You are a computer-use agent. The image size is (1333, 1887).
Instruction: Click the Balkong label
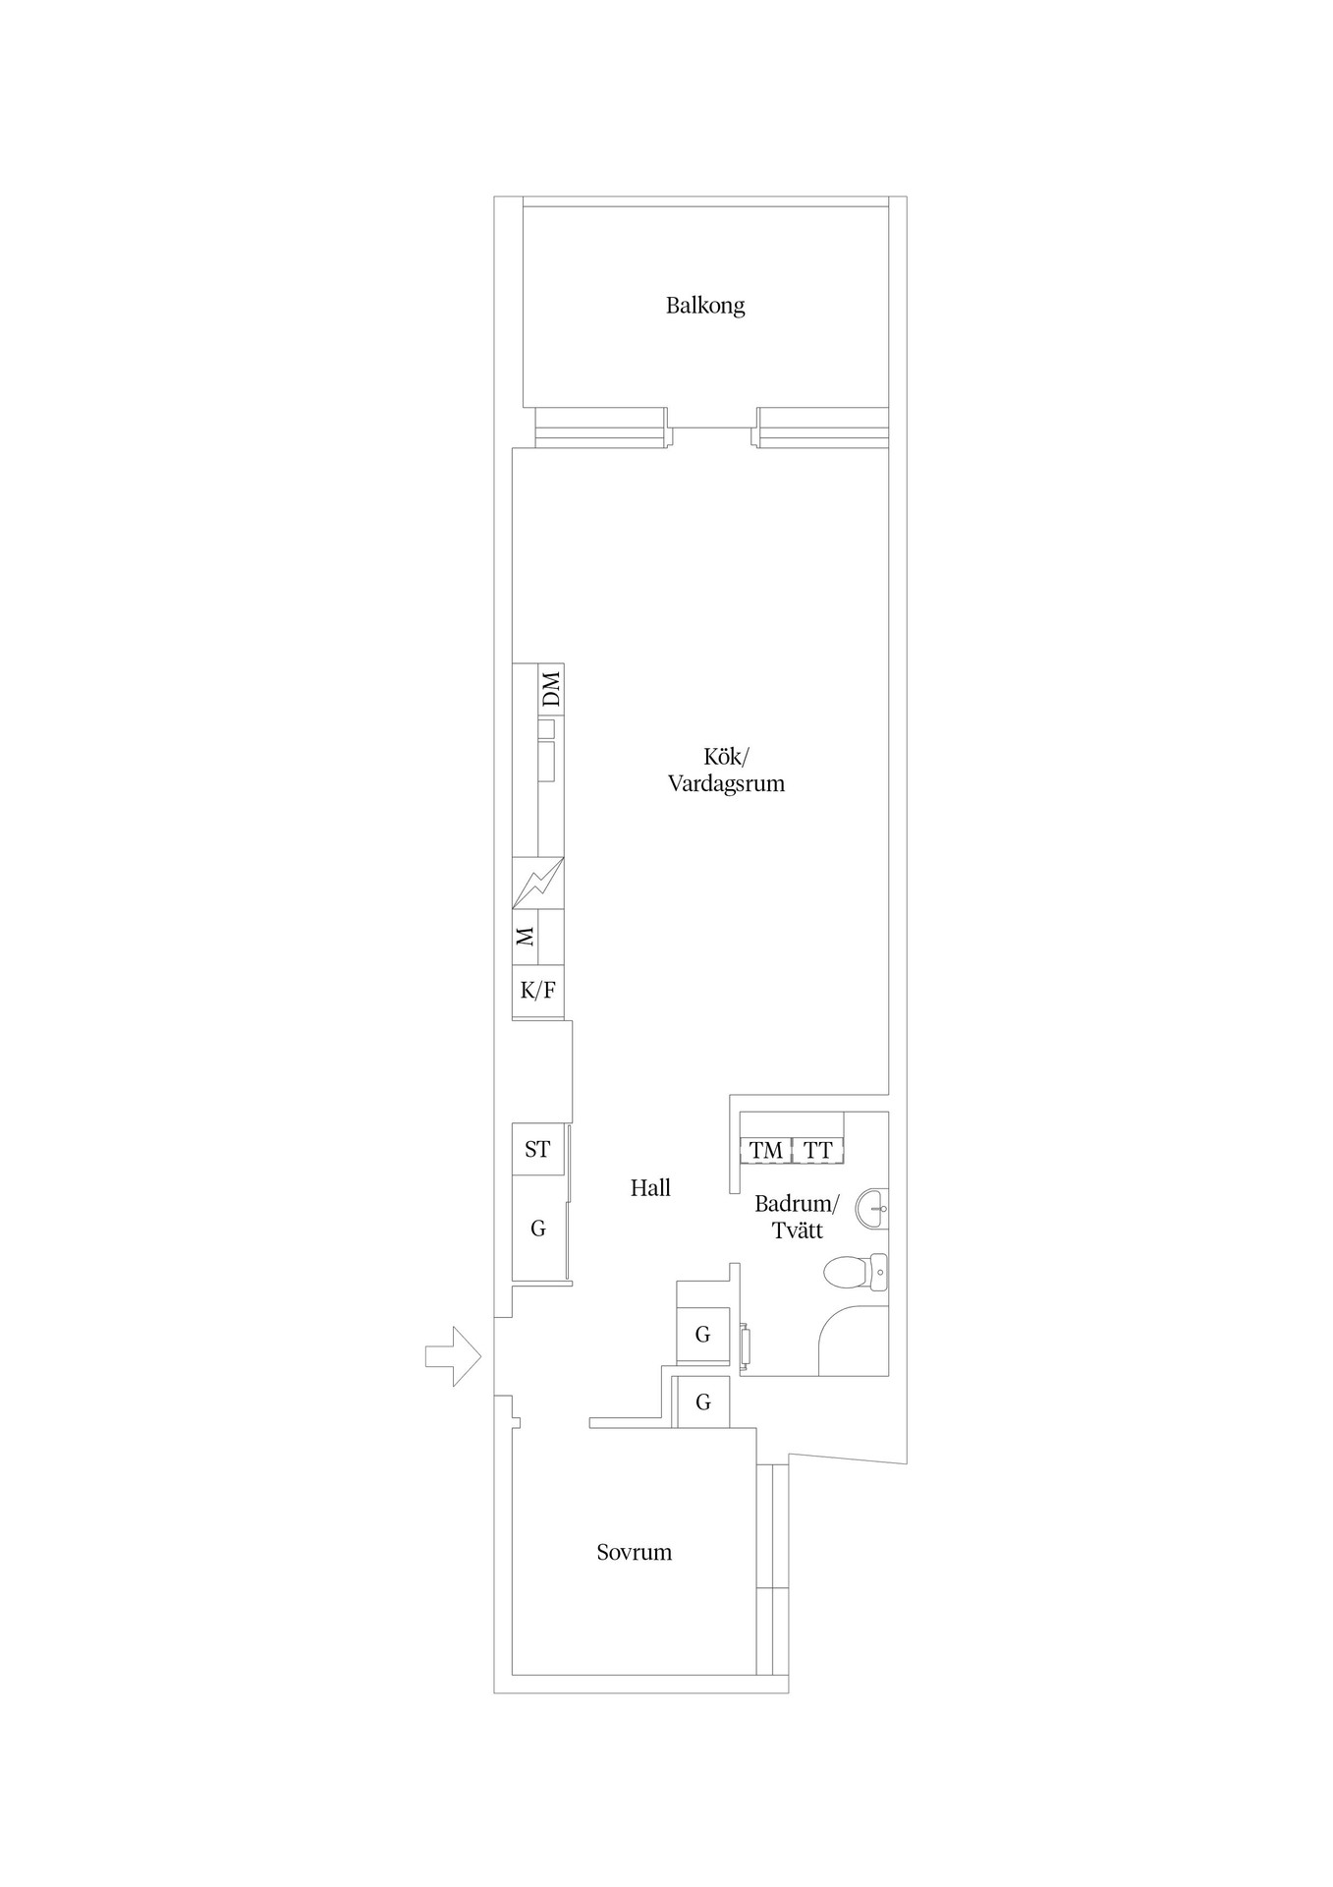(705, 306)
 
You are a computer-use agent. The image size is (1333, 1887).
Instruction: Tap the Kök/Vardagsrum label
(726, 771)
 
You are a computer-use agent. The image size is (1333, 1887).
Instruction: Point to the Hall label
(650, 1188)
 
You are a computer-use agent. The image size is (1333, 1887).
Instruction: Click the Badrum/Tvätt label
(797, 1217)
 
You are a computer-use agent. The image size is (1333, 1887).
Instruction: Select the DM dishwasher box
(551, 688)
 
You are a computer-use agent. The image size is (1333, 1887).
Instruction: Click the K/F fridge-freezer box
(538, 990)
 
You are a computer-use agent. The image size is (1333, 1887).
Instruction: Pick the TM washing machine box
(766, 1150)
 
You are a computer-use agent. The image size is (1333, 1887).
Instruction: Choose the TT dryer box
(818, 1150)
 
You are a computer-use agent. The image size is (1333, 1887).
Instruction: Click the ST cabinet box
(538, 1150)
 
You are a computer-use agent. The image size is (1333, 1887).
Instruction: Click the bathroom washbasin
(872, 1208)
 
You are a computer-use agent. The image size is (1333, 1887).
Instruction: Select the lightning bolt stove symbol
(538, 884)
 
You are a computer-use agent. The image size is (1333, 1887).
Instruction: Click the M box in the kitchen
(526, 937)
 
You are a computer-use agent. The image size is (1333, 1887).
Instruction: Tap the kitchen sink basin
(547, 761)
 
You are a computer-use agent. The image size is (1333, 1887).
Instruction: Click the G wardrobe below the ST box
(538, 1229)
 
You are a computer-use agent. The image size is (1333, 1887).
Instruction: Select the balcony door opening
(714, 428)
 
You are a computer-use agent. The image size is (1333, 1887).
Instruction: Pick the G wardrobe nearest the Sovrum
(701, 1401)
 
